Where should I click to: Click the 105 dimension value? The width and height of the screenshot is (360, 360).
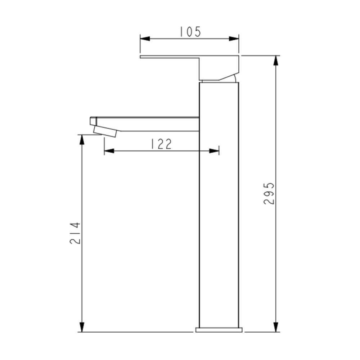click(x=190, y=32)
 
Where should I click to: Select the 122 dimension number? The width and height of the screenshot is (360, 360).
click(x=161, y=144)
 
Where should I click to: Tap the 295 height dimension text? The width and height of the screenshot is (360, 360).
click(x=269, y=193)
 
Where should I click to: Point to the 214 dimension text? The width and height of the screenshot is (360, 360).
click(x=75, y=233)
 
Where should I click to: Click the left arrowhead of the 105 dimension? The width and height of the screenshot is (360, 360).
click(x=145, y=39)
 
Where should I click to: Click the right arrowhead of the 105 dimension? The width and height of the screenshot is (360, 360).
click(x=234, y=39)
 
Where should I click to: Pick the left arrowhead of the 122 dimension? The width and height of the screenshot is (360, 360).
click(x=109, y=151)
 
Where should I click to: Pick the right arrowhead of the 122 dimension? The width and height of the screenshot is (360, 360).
click(x=214, y=151)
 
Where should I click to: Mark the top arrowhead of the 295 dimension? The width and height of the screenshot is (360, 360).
click(x=276, y=60)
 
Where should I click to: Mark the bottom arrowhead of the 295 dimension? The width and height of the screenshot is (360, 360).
click(x=276, y=327)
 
